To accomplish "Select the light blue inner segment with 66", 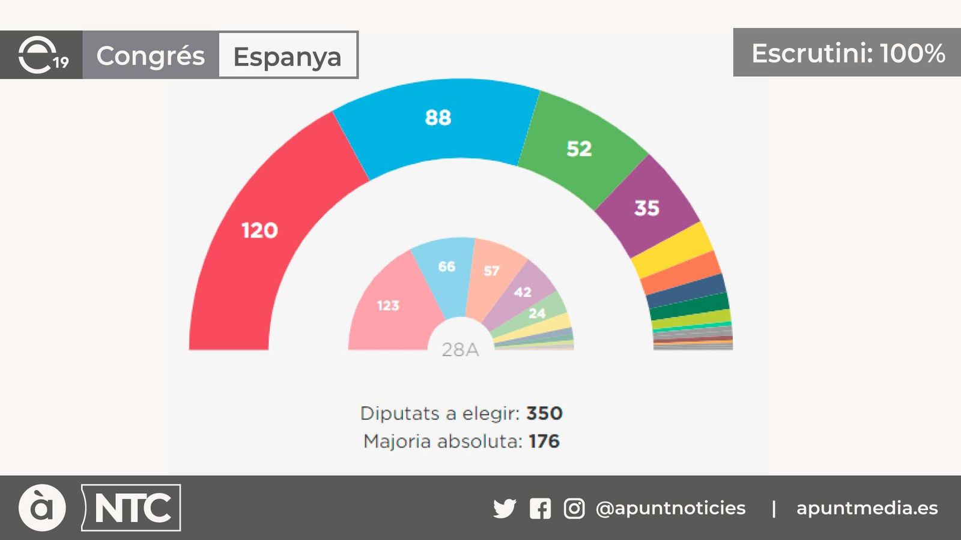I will click(x=447, y=267).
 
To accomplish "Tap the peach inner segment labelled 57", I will click(x=491, y=271).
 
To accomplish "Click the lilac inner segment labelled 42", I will click(x=523, y=292).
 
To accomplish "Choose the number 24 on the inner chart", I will click(x=537, y=313).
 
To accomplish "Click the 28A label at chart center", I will click(x=460, y=349).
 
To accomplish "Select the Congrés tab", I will click(x=151, y=55).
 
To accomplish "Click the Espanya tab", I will click(x=288, y=56).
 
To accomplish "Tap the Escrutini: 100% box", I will click(x=847, y=53).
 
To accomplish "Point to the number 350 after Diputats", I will click(x=544, y=413).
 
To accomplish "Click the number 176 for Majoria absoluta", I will click(x=544, y=442).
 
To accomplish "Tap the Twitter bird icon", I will click(x=505, y=508).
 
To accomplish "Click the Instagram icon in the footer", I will click(x=574, y=508).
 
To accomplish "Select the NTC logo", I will click(x=132, y=508).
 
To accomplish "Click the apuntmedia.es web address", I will click(x=867, y=508).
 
